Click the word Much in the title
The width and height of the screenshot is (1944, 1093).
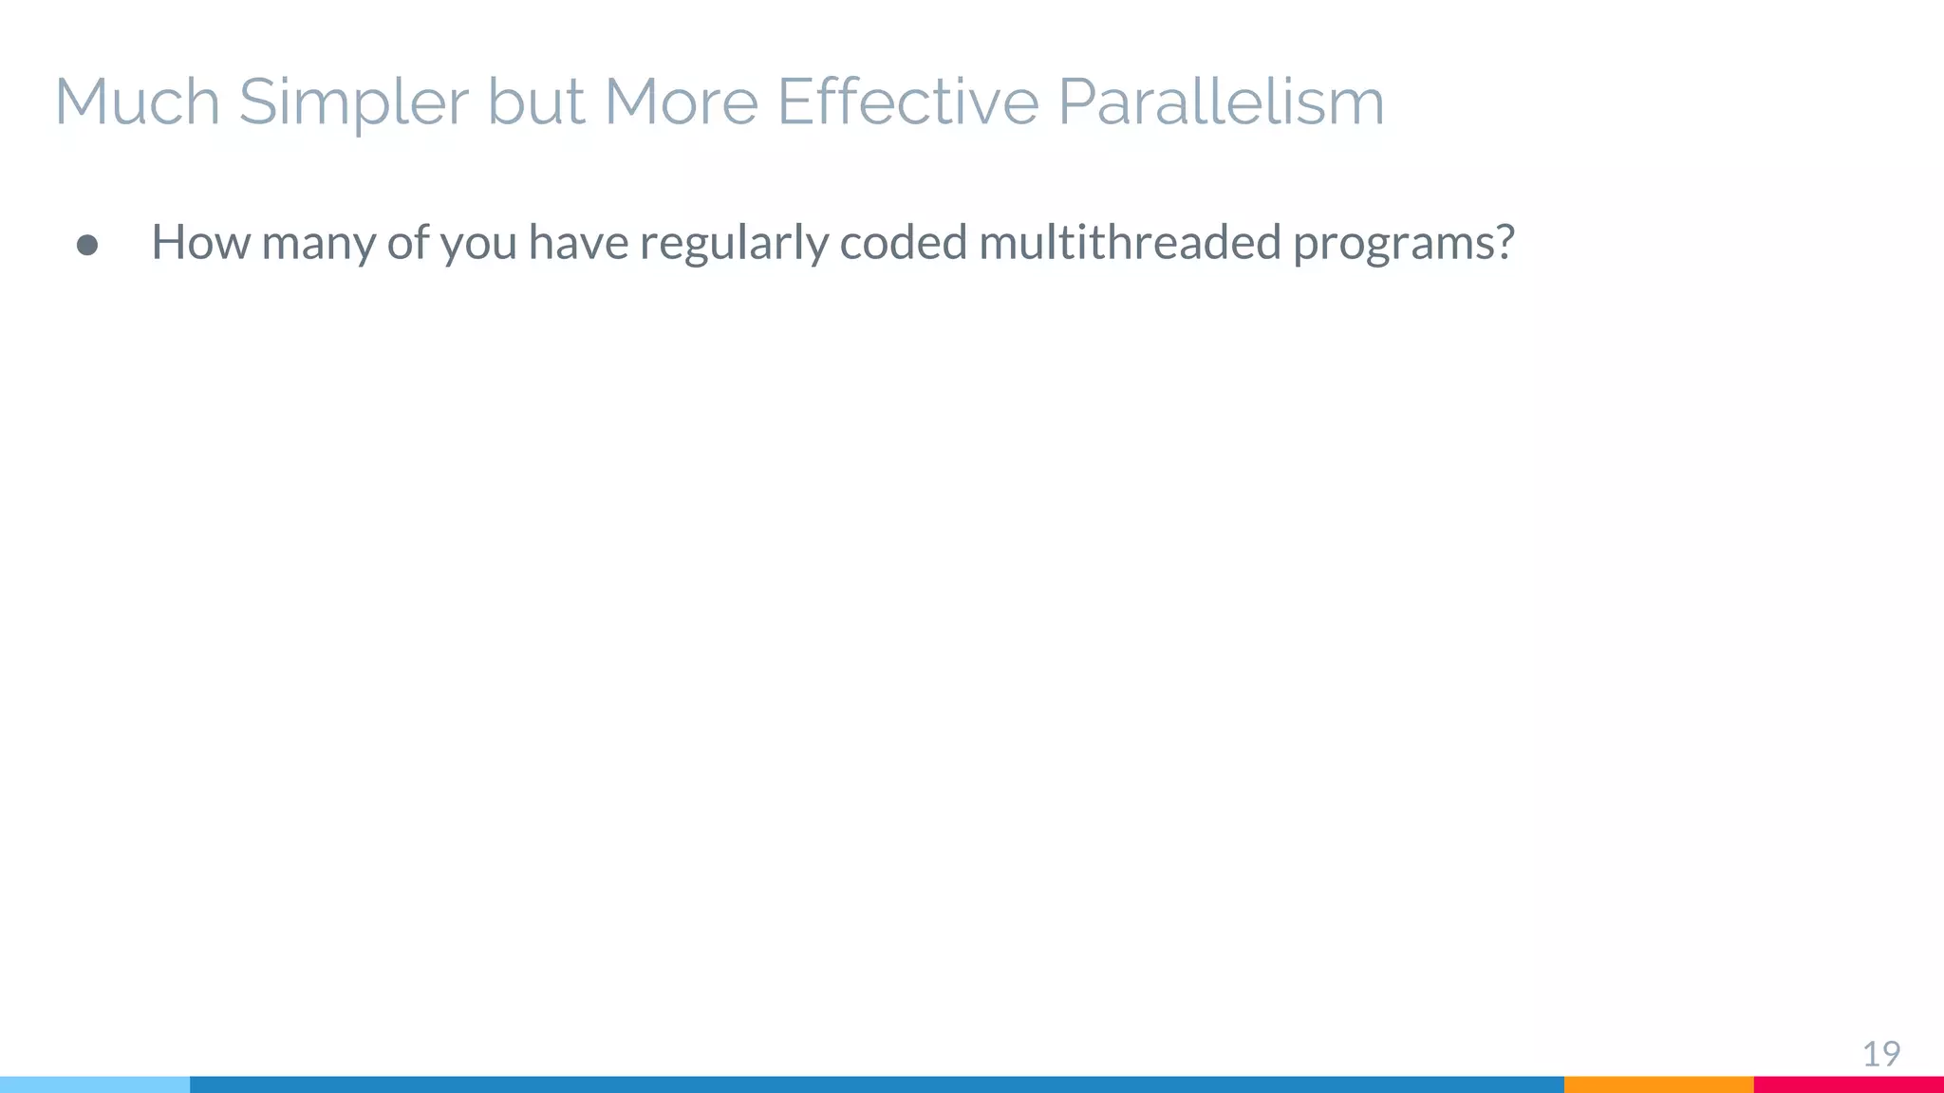coord(138,101)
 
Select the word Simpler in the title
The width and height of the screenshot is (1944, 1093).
coord(353,102)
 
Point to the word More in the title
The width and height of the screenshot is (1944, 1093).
coord(681,101)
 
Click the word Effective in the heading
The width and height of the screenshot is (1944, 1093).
coord(907,101)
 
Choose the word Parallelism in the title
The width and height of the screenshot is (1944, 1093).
coord(1221,102)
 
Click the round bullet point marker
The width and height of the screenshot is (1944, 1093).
coord(87,246)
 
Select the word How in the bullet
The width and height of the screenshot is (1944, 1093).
coord(200,242)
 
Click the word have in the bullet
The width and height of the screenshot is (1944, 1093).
coord(579,242)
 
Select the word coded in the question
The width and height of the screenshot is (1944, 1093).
coord(904,242)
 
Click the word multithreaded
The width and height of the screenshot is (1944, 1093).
coord(1130,242)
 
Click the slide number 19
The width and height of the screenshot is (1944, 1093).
coord(1880,1054)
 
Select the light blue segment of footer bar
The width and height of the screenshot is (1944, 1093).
coord(95,1084)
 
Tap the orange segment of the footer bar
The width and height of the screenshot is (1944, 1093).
coord(1658,1084)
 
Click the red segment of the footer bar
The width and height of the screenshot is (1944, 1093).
coord(1848,1084)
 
